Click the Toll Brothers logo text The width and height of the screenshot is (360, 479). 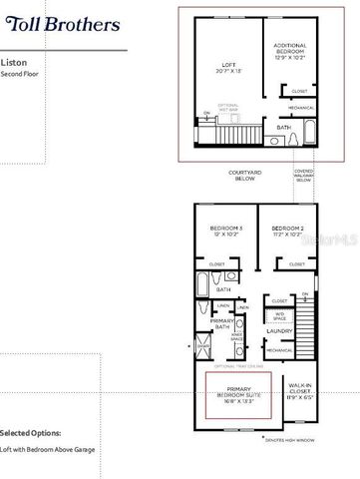point(61,22)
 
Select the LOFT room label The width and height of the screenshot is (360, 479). point(232,69)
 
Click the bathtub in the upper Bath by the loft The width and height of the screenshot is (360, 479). point(308,130)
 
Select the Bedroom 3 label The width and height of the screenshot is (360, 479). point(223,233)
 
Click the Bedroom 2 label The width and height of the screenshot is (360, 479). point(286,233)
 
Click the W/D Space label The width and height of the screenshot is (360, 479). point(278,316)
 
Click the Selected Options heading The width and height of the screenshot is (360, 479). point(29,434)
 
